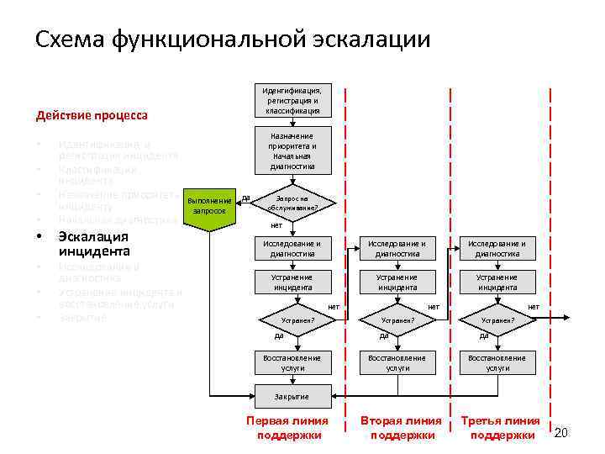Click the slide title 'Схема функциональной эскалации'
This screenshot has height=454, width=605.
(233, 39)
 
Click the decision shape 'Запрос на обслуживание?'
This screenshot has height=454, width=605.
(292, 203)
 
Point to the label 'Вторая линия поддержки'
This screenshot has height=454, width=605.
(400, 428)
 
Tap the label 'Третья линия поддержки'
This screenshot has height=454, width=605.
(502, 428)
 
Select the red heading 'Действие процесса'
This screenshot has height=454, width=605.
(92, 115)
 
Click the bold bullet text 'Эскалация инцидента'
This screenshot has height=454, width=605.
(93, 244)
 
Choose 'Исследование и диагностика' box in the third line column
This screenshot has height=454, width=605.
(497, 249)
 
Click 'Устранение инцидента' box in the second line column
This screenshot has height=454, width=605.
(397, 282)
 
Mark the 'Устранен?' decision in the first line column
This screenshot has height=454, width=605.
(297, 320)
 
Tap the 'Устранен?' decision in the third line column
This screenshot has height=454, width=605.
(497, 320)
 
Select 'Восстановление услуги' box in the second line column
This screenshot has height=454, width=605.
(397, 362)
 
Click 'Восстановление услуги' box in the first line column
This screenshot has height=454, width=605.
(292, 362)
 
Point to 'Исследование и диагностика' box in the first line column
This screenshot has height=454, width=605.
(292, 249)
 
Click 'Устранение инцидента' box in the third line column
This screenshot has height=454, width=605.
(497, 282)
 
